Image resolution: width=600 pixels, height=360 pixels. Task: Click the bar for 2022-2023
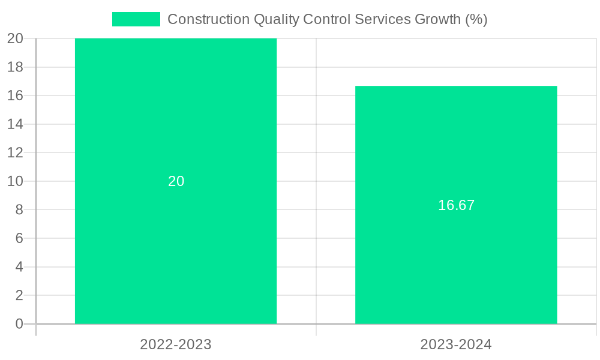pos(176,240)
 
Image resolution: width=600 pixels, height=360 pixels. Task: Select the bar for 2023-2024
pos(456,258)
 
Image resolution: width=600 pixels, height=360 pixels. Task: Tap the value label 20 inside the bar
pos(176,181)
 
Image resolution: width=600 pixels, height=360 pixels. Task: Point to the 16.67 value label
pos(456,205)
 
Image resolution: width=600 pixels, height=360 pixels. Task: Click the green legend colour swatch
pos(136,19)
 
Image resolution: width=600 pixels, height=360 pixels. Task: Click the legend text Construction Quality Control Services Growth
pos(327,19)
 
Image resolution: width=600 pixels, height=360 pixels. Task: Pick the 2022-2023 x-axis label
pos(176,344)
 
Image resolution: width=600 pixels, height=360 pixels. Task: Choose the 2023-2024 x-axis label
pos(456,344)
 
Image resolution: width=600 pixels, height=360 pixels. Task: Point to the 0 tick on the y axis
pos(19,324)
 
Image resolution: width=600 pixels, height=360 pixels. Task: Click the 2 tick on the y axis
pos(19,295)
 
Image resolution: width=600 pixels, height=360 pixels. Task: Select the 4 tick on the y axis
pos(19,267)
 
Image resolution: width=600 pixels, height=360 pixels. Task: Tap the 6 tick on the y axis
pos(19,238)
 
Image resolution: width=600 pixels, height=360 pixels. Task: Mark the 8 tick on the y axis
pos(19,210)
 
